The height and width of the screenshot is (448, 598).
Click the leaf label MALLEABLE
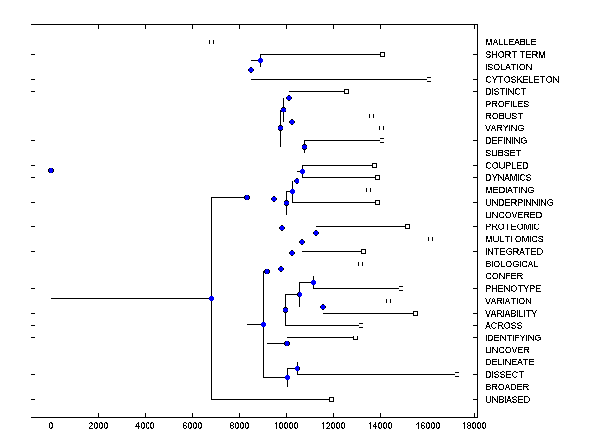511,42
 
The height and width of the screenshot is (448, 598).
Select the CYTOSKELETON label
522,80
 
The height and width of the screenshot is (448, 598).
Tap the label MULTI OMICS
514,239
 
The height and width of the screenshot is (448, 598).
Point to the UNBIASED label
507,400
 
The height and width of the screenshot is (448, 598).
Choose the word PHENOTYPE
513,289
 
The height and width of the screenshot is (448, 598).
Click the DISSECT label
504,375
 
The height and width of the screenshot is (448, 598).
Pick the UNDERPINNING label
519,203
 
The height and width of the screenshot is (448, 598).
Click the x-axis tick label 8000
239,425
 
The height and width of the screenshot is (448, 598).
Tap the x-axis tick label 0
51,425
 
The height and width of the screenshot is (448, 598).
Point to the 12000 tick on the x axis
333,425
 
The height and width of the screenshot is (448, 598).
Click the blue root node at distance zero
51,170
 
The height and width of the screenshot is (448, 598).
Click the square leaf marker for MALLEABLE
211,42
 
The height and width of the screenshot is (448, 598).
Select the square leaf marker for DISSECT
457,374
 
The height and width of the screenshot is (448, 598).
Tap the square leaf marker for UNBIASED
331,399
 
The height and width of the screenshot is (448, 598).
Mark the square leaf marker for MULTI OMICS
430,239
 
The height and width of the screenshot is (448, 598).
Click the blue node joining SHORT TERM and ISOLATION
260,60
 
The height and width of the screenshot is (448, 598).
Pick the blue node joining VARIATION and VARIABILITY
323,307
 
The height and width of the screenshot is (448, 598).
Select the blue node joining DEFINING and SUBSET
304,147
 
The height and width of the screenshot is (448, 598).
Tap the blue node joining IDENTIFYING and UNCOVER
287,343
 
